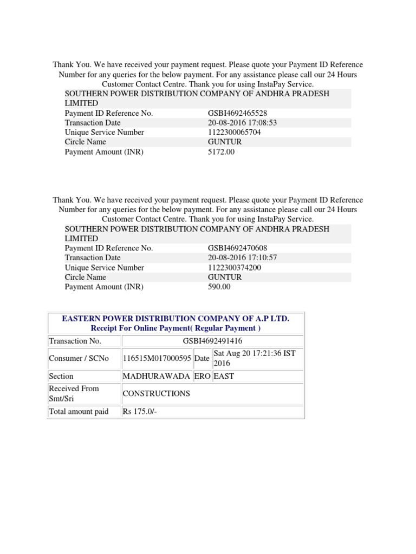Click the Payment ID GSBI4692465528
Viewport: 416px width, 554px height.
[x=237, y=113]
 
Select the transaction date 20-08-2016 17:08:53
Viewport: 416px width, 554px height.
[x=242, y=123]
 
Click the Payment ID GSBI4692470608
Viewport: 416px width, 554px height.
[x=237, y=248]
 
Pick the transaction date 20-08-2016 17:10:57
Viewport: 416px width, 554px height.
[x=242, y=258]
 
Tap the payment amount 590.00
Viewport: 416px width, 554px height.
[x=219, y=287]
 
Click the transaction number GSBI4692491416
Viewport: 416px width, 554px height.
[x=212, y=341]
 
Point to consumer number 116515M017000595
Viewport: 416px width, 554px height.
[x=157, y=359]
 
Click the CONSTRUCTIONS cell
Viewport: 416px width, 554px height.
[x=157, y=393]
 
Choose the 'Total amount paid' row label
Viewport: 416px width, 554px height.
[x=79, y=412]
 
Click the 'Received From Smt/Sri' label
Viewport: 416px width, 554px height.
[x=74, y=393]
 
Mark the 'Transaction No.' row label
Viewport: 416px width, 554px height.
[x=75, y=341]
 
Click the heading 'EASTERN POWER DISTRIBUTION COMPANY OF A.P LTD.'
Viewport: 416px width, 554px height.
[x=175, y=319]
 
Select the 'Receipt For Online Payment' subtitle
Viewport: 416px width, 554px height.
[x=175, y=328]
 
